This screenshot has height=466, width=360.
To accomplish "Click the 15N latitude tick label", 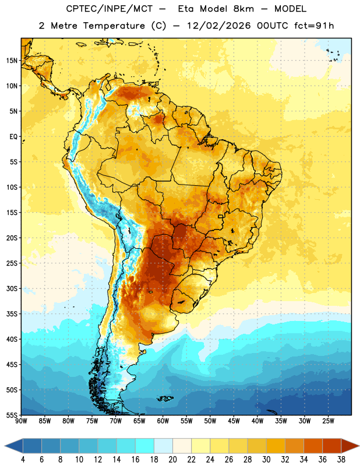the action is tap(12, 61).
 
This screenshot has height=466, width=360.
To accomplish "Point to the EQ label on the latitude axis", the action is tap(13, 137).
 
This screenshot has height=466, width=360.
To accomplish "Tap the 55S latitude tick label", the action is tap(12, 415).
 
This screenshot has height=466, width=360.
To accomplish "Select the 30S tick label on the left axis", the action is tap(12, 288).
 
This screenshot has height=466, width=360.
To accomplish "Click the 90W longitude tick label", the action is tap(21, 421).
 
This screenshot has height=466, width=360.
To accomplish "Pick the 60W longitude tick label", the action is tap(163, 421).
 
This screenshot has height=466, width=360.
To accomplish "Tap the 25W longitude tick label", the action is tap(328, 421).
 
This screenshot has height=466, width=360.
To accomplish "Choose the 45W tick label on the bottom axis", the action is tap(234, 421).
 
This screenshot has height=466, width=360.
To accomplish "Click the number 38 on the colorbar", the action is tap(341, 460).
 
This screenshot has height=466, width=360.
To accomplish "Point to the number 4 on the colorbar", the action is tap(23, 460).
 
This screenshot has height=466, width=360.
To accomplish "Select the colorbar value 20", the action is tap(172, 460).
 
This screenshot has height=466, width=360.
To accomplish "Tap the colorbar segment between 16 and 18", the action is tap(145, 446).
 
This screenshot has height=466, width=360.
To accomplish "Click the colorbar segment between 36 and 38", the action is tap(332, 446).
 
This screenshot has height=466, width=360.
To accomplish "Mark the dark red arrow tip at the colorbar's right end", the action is tap(358, 446).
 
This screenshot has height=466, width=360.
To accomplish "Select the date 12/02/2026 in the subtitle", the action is tap(219, 26).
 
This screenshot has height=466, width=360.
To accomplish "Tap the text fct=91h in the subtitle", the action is tap(314, 26).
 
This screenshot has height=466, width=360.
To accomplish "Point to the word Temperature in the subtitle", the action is tap(114, 26).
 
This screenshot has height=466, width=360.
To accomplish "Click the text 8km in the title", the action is tap(243, 9).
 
